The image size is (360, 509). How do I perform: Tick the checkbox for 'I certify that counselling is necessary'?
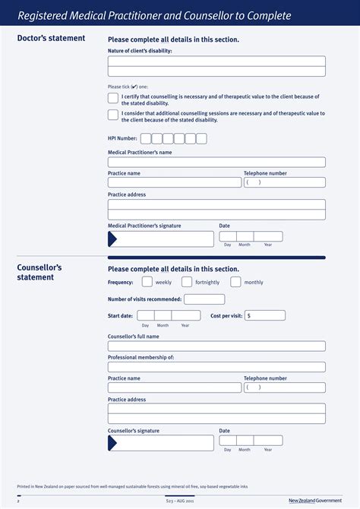[x=113, y=99]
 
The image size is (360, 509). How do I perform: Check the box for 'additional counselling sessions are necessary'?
[x=113, y=115]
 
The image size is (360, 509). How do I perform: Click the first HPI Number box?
[x=146, y=138]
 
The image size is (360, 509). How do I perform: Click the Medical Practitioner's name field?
[x=216, y=162]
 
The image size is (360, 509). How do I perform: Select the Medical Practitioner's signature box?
[x=161, y=239]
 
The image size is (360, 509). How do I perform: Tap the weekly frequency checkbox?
[x=147, y=282]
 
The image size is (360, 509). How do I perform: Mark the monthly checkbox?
[x=235, y=282]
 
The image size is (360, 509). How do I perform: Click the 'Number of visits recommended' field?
[x=204, y=299]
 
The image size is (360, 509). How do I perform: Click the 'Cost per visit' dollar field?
[x=265, y=315]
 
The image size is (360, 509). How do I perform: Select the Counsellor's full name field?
[x=216, y=346]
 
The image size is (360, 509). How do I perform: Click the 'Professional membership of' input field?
[x=216, y=367]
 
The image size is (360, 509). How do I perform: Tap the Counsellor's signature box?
[x=161, y=443]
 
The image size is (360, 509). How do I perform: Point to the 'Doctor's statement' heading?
[x=51, y=39]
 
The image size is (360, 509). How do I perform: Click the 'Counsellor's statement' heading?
[x=39, y=273]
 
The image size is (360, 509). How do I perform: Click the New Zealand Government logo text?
[x=315, y=501]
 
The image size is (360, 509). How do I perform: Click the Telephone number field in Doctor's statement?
[x=285, y=182]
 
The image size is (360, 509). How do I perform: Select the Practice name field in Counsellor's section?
[x=175, y=387]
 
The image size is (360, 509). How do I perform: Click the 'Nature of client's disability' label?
[x=140, y=51]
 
